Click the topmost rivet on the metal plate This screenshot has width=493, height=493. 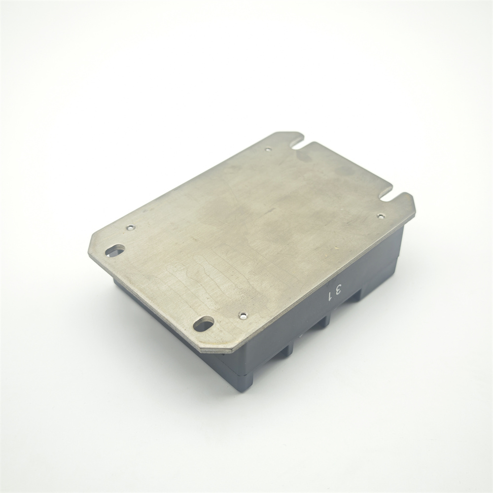(268, 149)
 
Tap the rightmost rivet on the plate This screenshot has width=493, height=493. (381, 216)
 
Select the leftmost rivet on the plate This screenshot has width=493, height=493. (130, 227)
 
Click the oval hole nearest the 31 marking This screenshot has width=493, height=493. (204, 324)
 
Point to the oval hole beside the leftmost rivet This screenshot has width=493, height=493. (115, 250)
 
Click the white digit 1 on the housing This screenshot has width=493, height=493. (330, 296)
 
